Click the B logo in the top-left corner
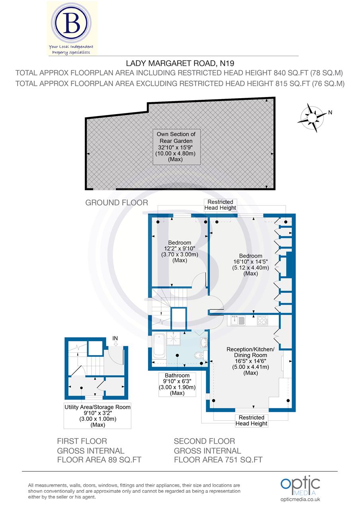click(72, 24)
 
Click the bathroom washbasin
click(203, 342)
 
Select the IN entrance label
click(115, 338)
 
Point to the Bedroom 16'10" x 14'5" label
click(251, 264)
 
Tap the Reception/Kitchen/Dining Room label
click(250, 361)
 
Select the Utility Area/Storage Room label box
click(97, 416)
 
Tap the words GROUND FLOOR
click(117, 203)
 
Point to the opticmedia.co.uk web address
click(300, 499)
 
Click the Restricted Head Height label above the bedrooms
click(220, 205)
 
